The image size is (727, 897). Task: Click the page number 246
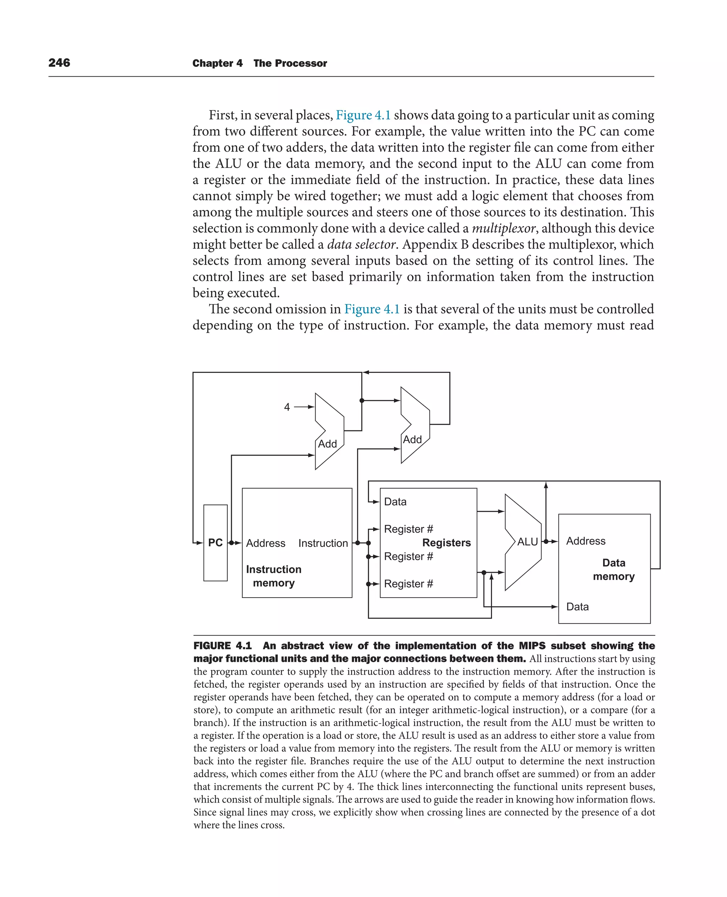59,63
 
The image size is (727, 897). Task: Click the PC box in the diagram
215,543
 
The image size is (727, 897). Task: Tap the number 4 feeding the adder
287,407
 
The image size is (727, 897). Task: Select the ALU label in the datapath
527,542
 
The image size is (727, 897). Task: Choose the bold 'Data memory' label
613,569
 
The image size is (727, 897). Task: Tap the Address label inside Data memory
585,541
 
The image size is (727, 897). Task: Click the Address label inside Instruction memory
266,543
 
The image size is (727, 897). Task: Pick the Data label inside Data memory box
577,607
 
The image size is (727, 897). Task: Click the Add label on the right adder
412,440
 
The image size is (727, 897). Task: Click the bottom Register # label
408,583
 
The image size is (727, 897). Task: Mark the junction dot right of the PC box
231,543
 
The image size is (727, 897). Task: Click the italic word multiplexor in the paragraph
503,228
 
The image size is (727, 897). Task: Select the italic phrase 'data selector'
361,244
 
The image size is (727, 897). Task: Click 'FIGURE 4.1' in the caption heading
222,646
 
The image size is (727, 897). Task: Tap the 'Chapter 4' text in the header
217,63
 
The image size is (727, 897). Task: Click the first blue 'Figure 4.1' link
363,115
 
